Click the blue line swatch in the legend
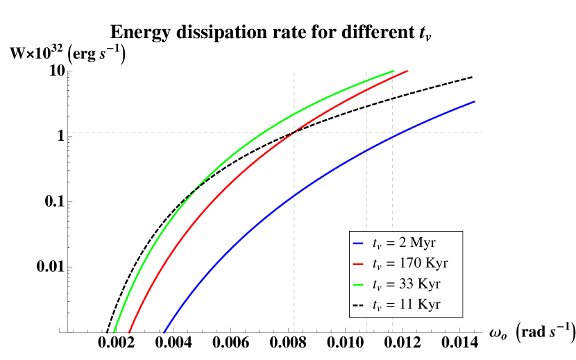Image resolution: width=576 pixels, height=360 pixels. coord(357,243)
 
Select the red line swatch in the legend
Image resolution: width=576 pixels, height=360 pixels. coord(357,264)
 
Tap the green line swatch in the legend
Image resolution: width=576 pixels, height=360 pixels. coord(357,284)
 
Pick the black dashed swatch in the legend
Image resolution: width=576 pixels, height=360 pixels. coord(357,305)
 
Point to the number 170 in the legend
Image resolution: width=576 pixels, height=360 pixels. coord(414,264)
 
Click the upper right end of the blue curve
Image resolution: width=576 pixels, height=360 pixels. coord(475,101)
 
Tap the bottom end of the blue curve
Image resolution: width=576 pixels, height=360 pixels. coord(164,333)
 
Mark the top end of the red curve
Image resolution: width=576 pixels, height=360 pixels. coord(408,71)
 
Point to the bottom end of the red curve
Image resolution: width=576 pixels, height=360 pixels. coord(129,333)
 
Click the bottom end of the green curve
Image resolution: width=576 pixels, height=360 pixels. coord(114,333)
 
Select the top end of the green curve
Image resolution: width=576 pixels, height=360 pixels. coord(394,71)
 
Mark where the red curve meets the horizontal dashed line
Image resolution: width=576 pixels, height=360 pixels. coord(294,132)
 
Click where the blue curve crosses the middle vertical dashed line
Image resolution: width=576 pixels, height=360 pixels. coord(366,149)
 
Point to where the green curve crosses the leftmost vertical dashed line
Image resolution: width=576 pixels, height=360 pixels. coord(294,112)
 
